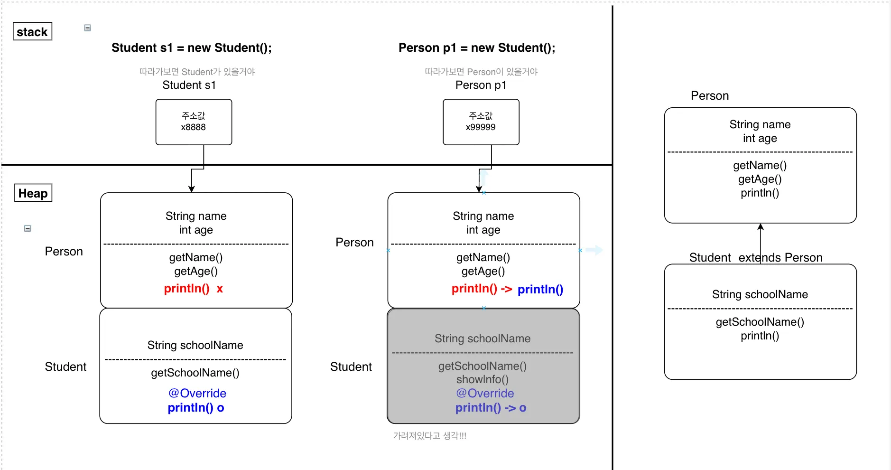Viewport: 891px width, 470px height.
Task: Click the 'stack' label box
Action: (32, 32)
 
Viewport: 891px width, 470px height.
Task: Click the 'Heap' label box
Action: (33, 193)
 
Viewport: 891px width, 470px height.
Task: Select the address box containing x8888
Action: (194, 122)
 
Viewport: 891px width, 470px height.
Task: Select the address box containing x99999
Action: (481, 122)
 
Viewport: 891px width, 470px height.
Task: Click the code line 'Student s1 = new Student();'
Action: (192, 48)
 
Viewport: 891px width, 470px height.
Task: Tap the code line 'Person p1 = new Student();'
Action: (477, 48)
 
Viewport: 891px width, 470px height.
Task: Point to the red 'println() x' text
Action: (194, 289)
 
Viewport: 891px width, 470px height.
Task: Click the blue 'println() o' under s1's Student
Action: (196, 408)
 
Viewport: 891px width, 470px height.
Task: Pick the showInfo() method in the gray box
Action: (483, 380)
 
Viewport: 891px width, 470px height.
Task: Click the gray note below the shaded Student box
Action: (430, 436)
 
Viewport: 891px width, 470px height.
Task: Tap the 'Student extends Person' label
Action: (756, 258)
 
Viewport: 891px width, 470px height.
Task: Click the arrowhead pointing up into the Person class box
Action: (761, 226)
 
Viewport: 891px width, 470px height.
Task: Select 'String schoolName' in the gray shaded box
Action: (483, 338)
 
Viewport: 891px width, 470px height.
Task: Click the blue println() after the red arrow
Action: (540, 290)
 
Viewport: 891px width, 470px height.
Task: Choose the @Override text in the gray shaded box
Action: (485, 394)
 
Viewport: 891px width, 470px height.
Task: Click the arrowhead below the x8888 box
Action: (192, 189)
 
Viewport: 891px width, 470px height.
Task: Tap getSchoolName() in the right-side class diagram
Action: (760, 322)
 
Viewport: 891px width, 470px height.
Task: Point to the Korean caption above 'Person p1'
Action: (481, 72)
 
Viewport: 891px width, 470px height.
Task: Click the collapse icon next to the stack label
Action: (88, 28)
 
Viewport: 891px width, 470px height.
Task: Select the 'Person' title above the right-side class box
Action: (710, 96)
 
